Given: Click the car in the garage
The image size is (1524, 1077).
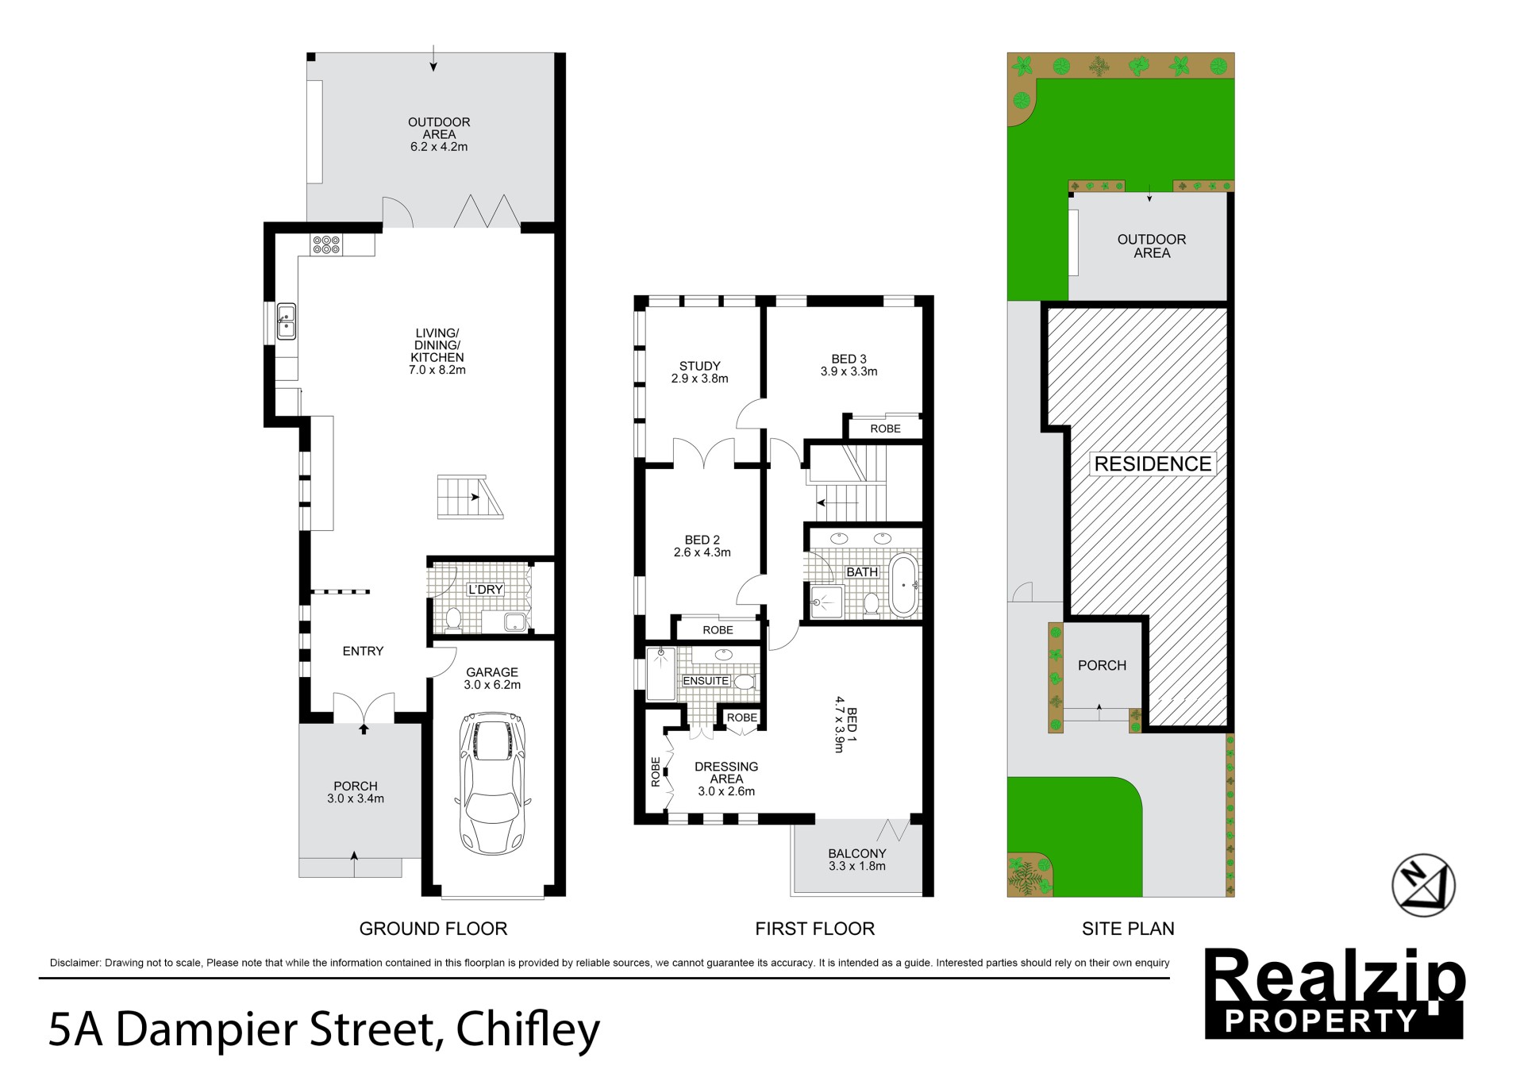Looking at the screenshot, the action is pos(493,783).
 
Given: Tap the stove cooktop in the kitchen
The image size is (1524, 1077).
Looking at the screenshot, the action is pos(326,244).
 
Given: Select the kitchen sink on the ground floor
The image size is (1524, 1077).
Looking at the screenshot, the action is pos(286,321).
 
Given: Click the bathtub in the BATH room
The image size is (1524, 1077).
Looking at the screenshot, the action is pos(903,586).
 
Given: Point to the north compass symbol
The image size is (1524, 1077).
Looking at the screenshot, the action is pos(1424,885).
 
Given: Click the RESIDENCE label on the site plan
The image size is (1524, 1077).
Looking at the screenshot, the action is pos(1153,463).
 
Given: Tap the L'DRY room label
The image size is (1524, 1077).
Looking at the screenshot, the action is pos(485,590).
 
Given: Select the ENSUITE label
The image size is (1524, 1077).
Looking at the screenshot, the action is pos(706,681).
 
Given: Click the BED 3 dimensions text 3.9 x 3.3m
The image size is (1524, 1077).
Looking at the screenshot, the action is pos(849,371).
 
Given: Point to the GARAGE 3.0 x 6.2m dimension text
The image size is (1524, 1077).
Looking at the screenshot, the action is pos(492,685).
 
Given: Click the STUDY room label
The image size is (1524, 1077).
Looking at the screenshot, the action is pos(699,366).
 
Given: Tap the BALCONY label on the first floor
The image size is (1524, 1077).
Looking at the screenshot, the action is pos(856,853).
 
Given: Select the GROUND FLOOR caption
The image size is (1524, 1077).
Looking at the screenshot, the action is pos(433,929).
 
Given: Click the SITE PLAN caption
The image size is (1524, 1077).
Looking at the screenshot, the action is pos(1128,929).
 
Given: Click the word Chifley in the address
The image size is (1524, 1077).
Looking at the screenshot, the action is pos(528,1030).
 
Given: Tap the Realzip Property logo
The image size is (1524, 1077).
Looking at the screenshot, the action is pos(1334,993).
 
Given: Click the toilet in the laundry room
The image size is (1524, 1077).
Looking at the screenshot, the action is pos(453,618).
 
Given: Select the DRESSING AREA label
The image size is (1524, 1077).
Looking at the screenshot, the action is pos(726,773).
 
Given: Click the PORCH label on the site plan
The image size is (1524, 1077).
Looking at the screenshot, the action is pos(1102,665).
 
